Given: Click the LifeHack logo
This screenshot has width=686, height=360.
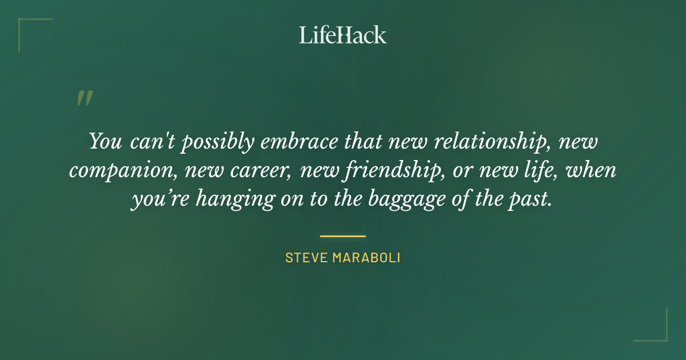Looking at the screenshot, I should pos(343,35).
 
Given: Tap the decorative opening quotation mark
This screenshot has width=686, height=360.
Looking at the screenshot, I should pos(84,98).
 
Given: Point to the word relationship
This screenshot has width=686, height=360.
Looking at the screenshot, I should pos(492,142).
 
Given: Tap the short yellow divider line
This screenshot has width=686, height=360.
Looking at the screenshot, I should pos(343,235).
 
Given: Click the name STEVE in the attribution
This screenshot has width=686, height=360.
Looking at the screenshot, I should pos(305,258).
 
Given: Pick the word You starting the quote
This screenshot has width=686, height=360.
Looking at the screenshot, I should pos(105,142).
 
